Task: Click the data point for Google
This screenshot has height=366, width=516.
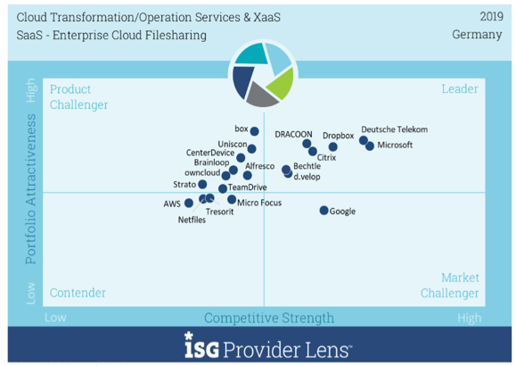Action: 324,210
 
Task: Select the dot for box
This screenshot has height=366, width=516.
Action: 254,131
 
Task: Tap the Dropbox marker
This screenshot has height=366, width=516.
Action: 333,146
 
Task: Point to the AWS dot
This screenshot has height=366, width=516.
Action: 189,203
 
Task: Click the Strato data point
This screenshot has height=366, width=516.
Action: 202,184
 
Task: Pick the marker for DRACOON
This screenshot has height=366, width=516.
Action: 307,144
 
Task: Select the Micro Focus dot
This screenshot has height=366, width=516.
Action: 232,199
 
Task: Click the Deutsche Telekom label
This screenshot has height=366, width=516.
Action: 395,129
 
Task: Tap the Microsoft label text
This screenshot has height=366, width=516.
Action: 395,145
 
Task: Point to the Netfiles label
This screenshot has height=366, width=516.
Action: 192,220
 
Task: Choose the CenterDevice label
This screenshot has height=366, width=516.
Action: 210,153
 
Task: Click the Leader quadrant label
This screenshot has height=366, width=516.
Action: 460,88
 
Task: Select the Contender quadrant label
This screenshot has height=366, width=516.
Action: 78,293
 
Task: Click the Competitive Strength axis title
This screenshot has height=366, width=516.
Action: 269,318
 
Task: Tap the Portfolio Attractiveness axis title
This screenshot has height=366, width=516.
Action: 30,188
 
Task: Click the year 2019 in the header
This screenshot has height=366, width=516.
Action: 491,16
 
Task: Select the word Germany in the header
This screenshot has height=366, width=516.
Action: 477,34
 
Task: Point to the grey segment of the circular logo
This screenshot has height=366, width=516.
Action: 262,96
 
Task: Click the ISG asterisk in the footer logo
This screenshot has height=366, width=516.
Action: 189,336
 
